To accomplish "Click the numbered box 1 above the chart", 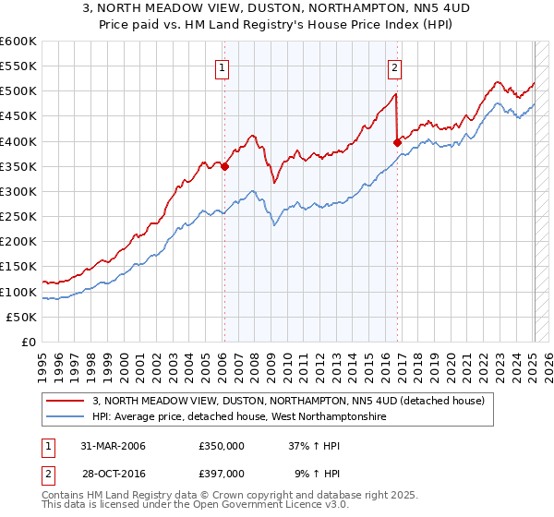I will click(x=223, y=66).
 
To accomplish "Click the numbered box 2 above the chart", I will click(x=394, y=66).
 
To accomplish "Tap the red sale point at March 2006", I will click(x=224, y=166).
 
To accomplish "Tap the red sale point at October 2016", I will click(x=397, y=142).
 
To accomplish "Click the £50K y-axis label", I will click(x=22, y=317).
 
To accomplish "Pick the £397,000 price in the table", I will click(x=221, y=473).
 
